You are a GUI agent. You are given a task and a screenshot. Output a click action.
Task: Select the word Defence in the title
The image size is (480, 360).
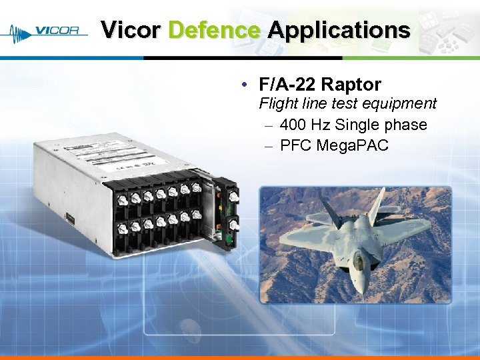[214, 30]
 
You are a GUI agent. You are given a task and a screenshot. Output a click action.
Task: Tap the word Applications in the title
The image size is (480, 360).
[339, 30]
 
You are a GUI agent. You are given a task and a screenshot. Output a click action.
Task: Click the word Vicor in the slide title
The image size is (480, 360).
[131, 30]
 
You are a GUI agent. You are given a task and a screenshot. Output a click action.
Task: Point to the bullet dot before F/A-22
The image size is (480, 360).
[246, 85]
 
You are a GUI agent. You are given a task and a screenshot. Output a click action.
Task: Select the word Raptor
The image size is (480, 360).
[351, 85]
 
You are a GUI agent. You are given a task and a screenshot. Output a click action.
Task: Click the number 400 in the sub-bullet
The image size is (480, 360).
[293, 125]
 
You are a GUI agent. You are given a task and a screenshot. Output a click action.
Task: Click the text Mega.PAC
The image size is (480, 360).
[358, 145]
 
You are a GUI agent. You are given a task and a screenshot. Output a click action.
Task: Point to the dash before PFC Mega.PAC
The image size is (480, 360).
[268, 145]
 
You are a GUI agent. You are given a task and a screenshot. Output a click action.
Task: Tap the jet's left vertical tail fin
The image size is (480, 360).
[329, 204]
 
